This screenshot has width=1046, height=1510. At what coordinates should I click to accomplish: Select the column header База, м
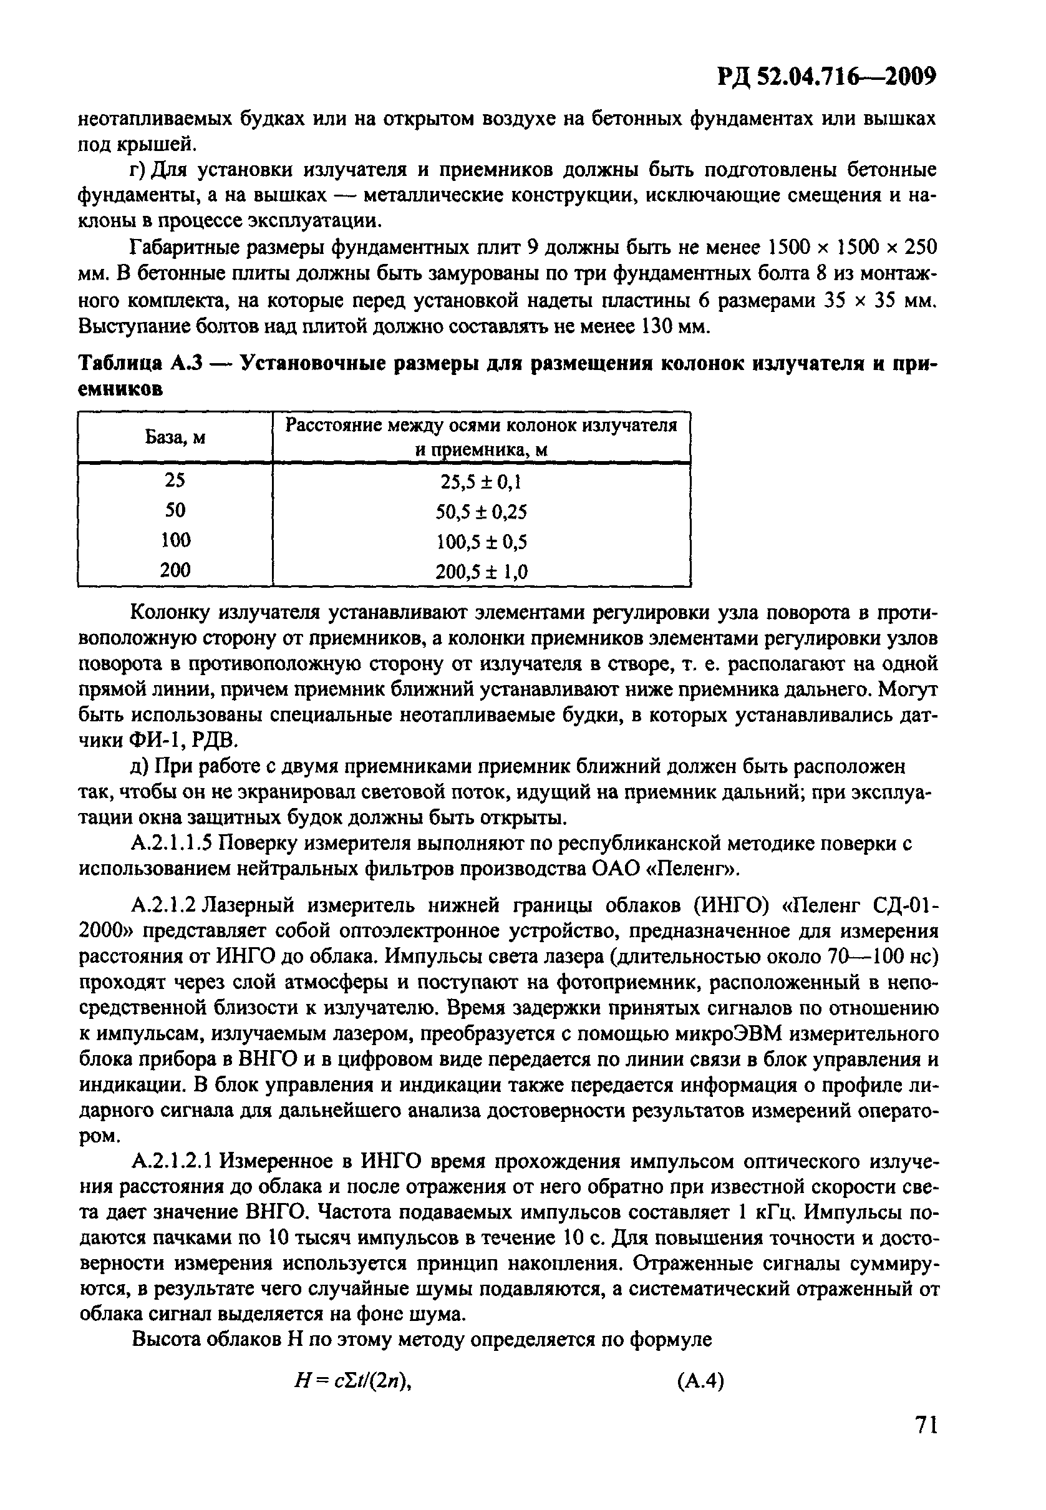pos(175,437)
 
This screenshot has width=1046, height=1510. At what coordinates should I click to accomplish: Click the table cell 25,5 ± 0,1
pos(481,482)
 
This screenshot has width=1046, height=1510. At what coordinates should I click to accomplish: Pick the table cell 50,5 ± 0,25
pos(481,512)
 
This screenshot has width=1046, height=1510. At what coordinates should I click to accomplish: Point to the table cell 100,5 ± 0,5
pos(481,542)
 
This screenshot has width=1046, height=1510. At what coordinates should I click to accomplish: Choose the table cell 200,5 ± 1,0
pos(481,572)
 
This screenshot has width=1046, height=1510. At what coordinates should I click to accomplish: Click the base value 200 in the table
pos(175,570)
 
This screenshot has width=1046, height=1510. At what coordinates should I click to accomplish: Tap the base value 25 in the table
pos(175,480)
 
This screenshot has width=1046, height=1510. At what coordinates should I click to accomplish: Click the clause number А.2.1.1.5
pos(172,843)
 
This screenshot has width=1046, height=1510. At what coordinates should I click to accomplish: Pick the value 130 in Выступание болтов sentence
pos(651,326)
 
